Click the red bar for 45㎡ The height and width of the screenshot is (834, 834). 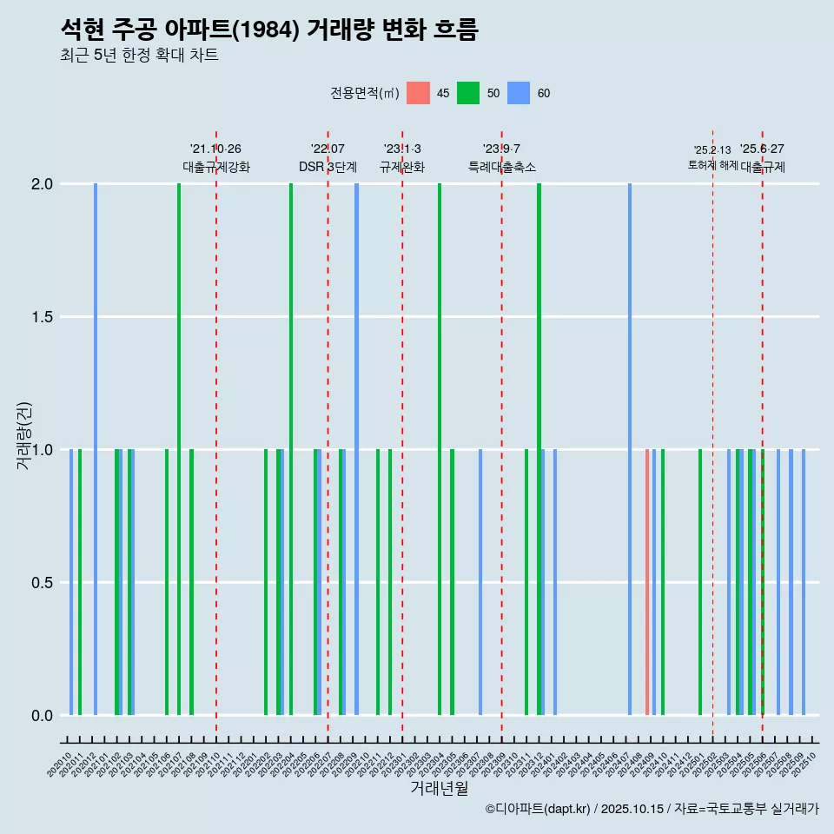(647, 582)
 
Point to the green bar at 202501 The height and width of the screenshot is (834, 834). (700, 582)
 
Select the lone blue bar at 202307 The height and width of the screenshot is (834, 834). (480, 582)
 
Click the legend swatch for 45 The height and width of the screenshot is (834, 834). (418, 93)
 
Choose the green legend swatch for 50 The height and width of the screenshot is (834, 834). (468, 93)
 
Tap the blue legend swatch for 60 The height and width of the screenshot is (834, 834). (519, 93)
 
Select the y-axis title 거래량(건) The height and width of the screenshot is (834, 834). (24, 436)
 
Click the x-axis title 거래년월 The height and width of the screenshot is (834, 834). (439, 789)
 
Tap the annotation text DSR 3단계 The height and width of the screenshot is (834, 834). (328, 167)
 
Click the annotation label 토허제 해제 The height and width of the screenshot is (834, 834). (712, 165)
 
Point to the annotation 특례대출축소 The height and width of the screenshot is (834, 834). (501, 167)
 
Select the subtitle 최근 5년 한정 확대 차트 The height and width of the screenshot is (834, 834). (139, 56)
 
